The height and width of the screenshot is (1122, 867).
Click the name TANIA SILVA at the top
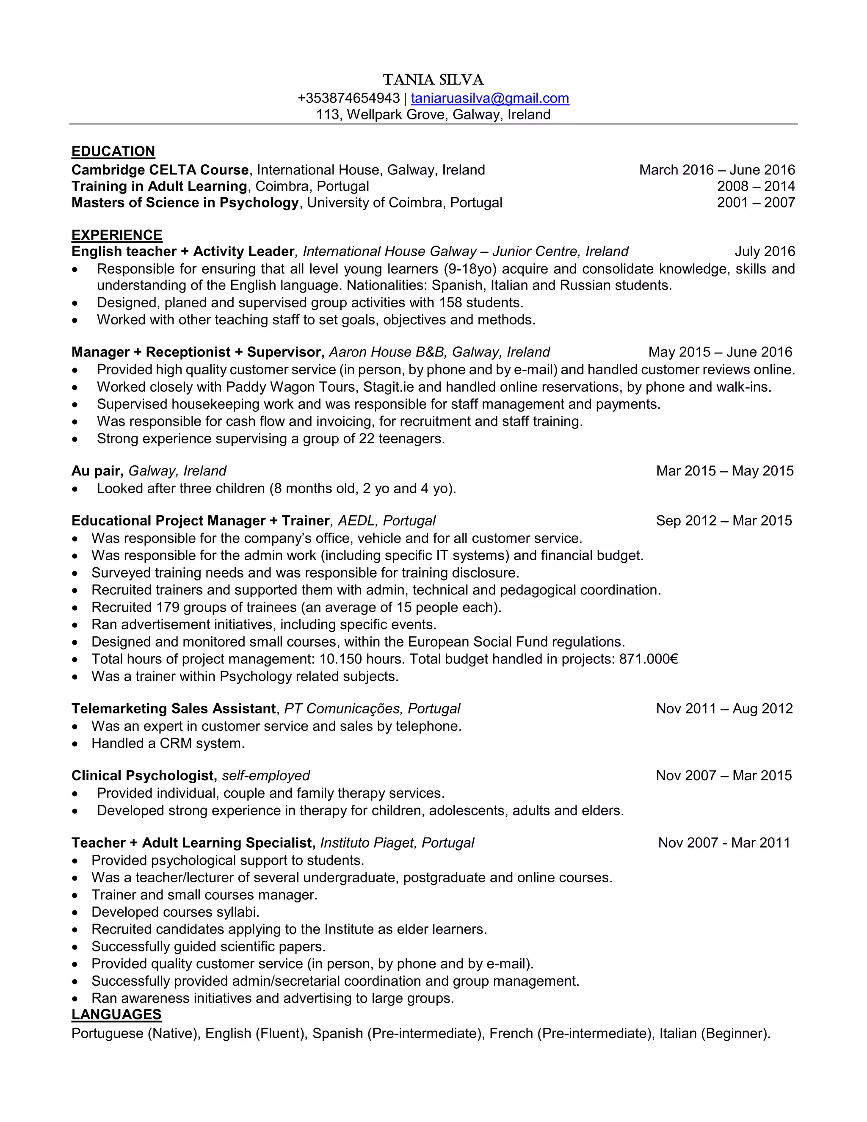click(433, 80)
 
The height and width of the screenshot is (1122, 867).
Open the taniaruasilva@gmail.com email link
click(489, 98)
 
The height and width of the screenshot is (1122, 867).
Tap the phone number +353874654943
click(348, 98)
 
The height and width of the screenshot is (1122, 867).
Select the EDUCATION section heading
click(113, 151)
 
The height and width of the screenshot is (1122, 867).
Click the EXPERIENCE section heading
click(116, 235)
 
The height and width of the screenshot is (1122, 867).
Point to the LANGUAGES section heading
click(116, 1014)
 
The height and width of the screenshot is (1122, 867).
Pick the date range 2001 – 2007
click(756, 202)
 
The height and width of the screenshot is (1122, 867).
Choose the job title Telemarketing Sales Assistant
click(174, 708)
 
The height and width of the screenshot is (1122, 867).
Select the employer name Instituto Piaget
click(369, 843)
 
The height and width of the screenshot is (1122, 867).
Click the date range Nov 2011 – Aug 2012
click(724, 708)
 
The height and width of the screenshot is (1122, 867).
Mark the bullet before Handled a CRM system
click(75, 744)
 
